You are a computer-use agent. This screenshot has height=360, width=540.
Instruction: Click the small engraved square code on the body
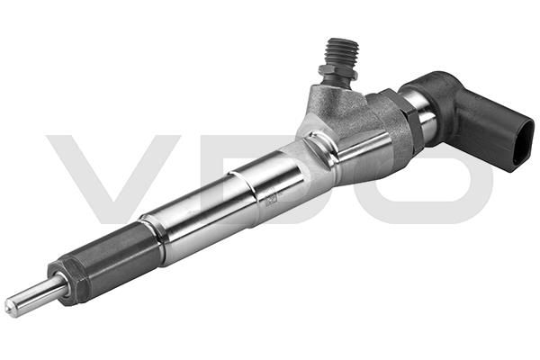point(272,200)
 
